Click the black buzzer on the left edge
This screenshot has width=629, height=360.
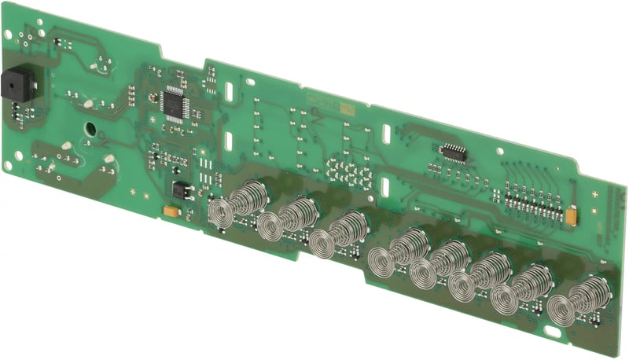(x=14, y=85)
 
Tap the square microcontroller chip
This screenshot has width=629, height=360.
(x=175, y=102)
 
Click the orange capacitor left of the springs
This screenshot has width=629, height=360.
(x=169, y=211)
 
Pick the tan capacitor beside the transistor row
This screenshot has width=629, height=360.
(x=572, y=212)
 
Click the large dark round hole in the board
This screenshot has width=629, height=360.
(x=90, y=128)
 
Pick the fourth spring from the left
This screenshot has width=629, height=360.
(x=398, y=252)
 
